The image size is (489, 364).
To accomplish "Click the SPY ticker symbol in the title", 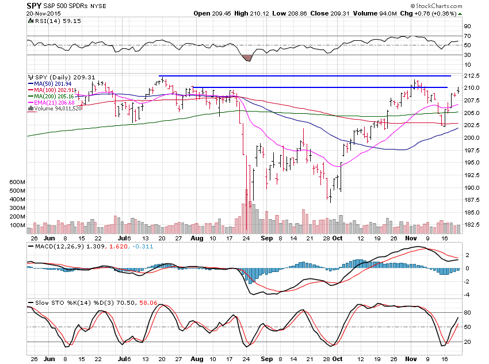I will click(35, 6).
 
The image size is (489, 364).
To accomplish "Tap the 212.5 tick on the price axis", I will click(472, 76).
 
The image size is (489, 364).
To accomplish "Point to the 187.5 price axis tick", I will click(472, 200).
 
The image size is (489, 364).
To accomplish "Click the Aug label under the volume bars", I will click(196, 237).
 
